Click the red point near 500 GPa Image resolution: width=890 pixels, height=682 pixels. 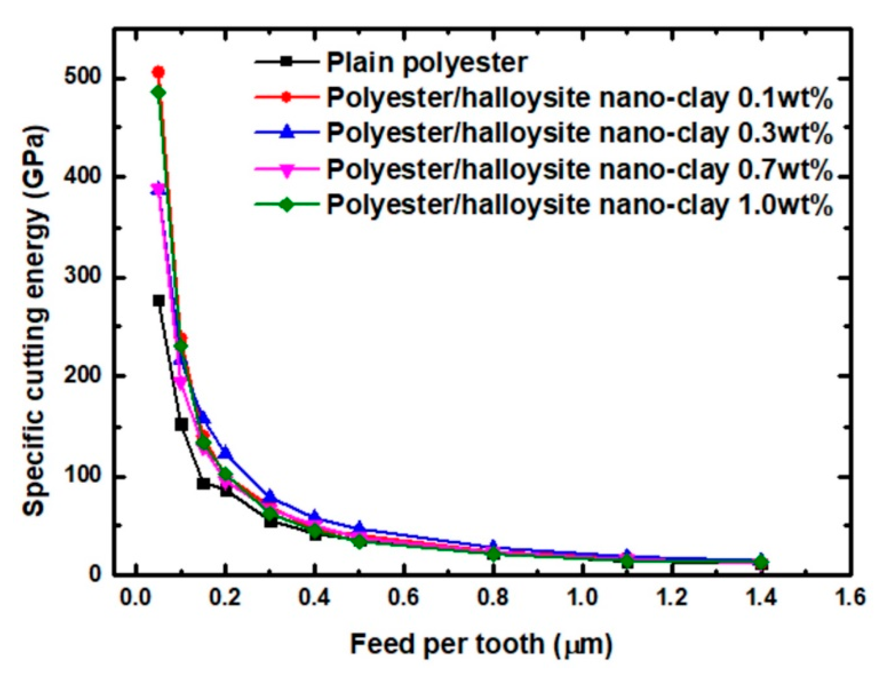(x=158, y=72)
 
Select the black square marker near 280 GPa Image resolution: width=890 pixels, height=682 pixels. (x=159, y=300)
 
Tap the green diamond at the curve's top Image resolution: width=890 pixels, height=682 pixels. (x=159, y=93)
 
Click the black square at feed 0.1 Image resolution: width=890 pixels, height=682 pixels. (x=181, y=424)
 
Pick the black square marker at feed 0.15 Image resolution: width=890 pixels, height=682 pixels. (x=203, y=483)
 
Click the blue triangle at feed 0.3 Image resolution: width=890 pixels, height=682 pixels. (x=271, y=495)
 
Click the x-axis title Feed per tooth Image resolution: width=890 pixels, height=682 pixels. (x=481, y=644)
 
